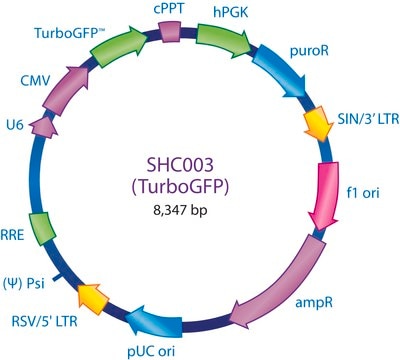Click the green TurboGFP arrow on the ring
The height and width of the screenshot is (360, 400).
click(x=118, y=47)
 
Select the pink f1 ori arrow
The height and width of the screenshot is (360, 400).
click(x=324, y=196)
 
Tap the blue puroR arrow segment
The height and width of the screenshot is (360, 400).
click(x=280, y=71)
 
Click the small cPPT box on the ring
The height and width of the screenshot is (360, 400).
click(x=169, y=32)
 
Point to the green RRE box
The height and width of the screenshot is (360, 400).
click(x=42, y=229)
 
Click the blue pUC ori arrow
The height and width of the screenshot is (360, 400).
click(x=154, y=321)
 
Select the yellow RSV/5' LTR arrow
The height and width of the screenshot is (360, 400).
click(x=93, y=298)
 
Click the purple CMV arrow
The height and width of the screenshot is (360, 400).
click(x=67, y=89)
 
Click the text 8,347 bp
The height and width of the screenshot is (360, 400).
click(x=180, y=211)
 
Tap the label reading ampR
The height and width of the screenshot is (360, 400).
click(x=314, y=302)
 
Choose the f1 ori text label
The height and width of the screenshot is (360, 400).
click(x=363, y=192)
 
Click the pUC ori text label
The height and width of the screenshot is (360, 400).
click(x=151, y=351)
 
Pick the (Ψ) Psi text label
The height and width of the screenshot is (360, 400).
click(x=23, y=284)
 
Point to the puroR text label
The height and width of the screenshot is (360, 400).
click(x=309, y=51)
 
